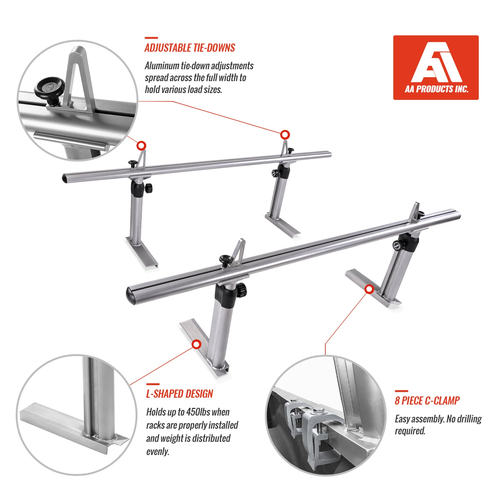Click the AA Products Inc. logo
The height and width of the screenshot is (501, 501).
(436, 67)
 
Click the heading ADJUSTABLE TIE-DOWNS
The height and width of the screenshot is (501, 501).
(190, 48)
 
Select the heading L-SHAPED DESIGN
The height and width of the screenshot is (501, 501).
(180, 394)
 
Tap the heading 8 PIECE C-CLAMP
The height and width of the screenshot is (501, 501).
(427, 401)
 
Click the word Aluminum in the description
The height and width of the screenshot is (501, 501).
(161, 66)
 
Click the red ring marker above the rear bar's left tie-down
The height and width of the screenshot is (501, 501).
(142, 146)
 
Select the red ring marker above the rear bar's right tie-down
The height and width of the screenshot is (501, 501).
(285, 135)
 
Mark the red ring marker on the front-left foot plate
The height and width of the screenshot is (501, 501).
(197, 344)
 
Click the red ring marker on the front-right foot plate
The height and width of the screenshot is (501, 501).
(370, 289)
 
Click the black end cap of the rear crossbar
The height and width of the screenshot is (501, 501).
(65, 178)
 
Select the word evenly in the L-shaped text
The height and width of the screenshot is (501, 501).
(158, 451)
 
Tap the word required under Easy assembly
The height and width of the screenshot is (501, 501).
(410, 431)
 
